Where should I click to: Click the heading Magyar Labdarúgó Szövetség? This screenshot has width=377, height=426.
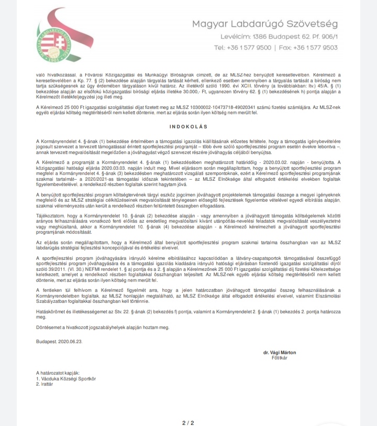click(x=264, y=24)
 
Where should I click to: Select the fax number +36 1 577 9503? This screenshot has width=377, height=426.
click(x=315, y=47)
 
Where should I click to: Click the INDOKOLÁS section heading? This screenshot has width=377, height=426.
click(x=188, y=127)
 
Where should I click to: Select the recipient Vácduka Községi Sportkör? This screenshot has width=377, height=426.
click(x=68, y=378)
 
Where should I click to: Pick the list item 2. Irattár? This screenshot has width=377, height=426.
click(x=46, y=383)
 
